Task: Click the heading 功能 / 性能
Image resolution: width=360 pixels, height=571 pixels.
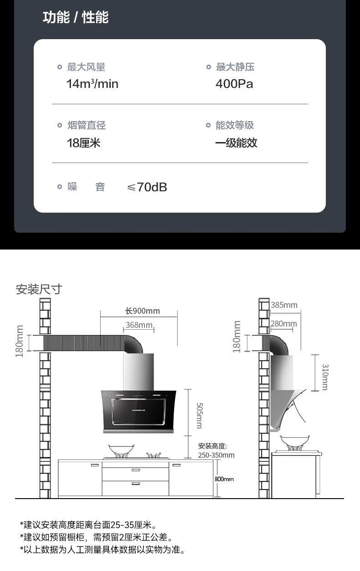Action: [76, 18]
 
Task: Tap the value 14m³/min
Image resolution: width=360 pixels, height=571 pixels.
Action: [92, 84]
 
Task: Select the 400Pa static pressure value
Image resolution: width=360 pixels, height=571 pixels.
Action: [234, 84]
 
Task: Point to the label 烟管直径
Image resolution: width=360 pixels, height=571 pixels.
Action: [87, 125]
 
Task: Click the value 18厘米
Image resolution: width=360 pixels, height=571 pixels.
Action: [83, 143]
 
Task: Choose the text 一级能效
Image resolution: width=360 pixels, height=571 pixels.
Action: [236, 143]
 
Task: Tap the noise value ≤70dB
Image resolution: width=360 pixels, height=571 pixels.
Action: [147, 187]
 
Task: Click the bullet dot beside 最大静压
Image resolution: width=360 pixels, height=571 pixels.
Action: [209, 67]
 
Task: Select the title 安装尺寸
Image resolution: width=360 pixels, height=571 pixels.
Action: [38, 289]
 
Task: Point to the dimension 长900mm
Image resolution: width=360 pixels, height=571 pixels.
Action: [143, 311]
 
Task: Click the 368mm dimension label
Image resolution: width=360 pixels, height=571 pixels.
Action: [139, 325]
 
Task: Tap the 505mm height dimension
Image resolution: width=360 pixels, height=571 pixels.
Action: [199, 415]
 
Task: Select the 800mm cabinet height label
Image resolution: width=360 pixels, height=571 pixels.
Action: [224, 479]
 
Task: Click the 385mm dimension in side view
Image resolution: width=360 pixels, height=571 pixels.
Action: [284, 305]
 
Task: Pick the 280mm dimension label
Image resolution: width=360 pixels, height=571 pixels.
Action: [283, 324]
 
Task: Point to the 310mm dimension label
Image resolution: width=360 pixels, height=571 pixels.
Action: [325, 377]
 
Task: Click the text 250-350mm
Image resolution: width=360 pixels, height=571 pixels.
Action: [216, 455]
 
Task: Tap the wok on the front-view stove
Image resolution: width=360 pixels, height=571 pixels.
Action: [121, 449]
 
